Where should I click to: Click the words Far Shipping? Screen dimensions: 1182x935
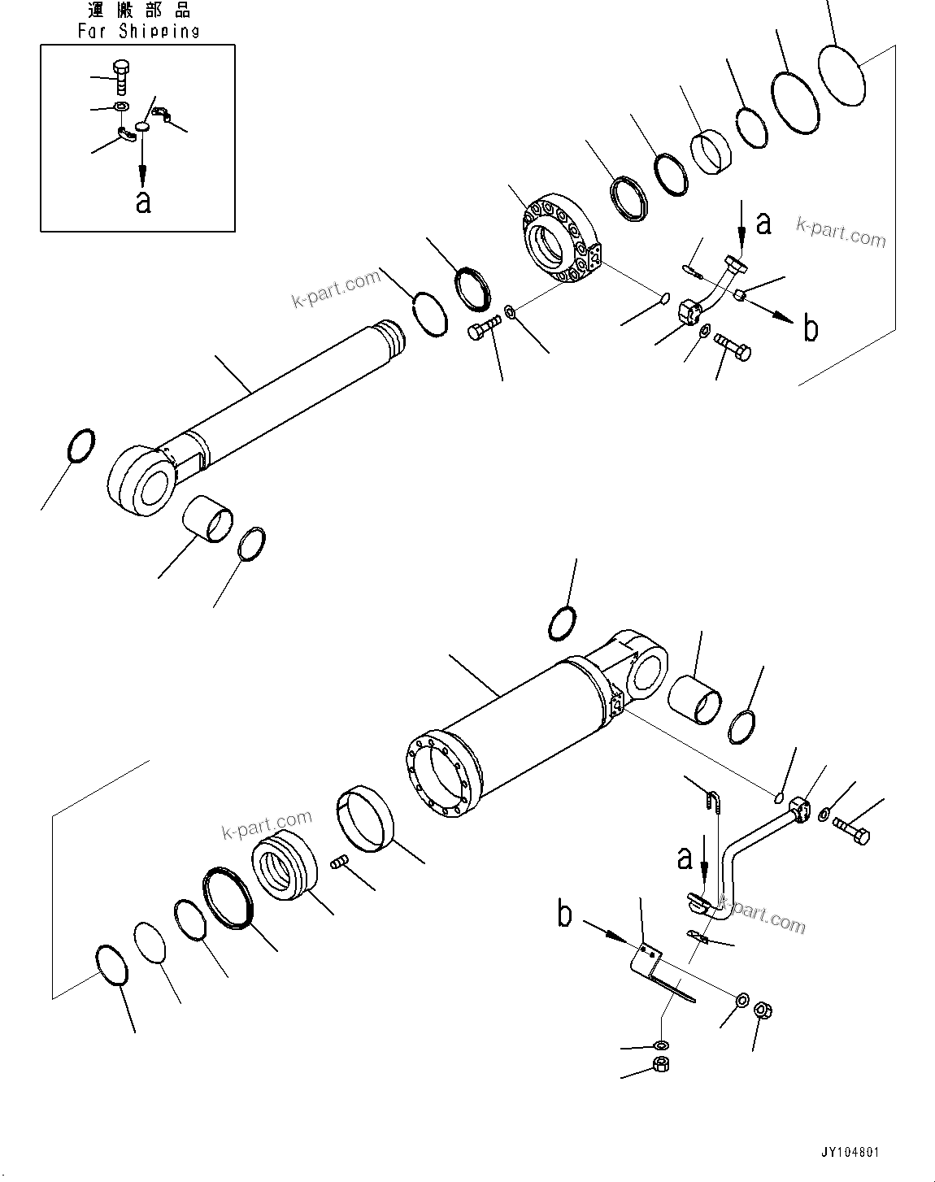click(138, 32)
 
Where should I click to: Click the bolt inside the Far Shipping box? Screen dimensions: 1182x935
click(121, 77)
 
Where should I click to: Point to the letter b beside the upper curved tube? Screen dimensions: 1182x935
click(810, 328)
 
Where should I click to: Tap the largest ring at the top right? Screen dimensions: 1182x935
click(841, 74)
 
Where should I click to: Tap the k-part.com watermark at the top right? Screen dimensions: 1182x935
click(841, 233)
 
